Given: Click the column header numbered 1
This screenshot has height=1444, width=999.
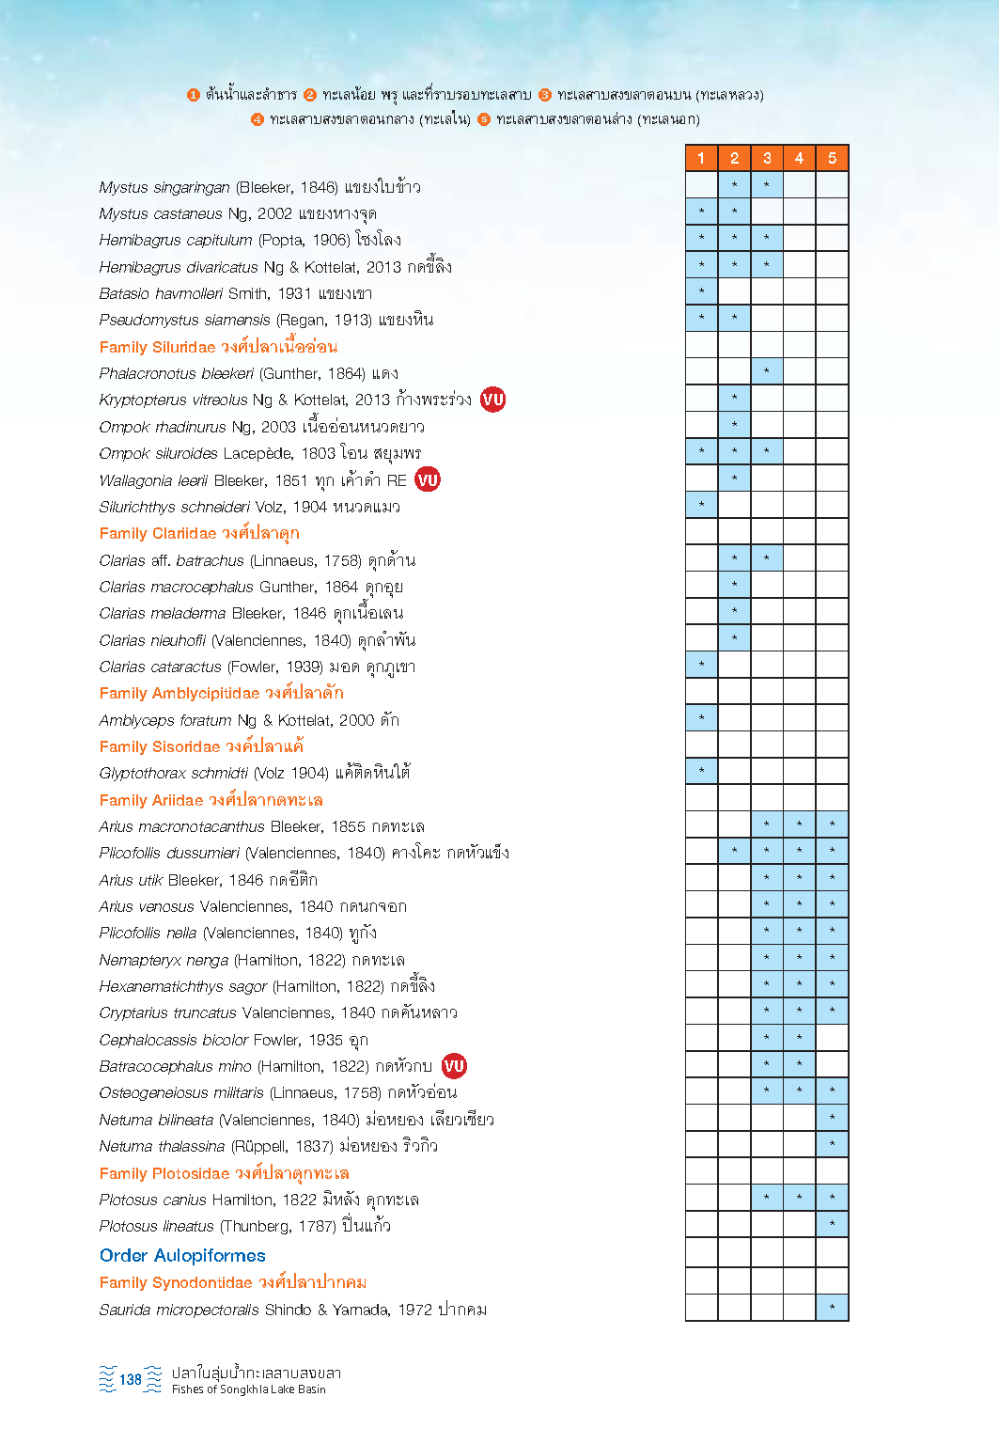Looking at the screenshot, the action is point(701,158).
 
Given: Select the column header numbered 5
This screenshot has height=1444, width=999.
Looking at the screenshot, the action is point(832,158).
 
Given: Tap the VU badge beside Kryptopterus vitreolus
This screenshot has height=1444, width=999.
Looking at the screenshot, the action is point(493,400).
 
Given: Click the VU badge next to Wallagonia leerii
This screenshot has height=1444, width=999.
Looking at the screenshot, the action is point(428,479).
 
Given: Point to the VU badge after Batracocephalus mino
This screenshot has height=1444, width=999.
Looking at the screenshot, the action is point(454,1065).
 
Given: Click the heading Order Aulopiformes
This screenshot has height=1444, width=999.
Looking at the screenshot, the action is point(182,1255).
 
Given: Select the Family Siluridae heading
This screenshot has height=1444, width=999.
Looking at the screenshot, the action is point(218,347).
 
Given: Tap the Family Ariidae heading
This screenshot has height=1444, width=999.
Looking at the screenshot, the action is point(211,800).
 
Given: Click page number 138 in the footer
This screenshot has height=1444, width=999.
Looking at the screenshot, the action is point(131,1379).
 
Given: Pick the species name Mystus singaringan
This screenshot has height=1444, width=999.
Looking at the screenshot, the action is point(164,188).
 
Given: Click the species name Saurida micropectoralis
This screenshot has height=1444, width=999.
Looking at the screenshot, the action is point(180,1310).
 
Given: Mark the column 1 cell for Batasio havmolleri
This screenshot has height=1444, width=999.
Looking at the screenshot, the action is point(701,291).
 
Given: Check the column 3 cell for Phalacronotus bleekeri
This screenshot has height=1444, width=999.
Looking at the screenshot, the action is point(767,371).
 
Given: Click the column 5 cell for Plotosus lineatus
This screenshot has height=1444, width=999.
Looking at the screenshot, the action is point(832,1223).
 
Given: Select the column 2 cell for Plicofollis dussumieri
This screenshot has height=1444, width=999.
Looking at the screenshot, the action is point(734,851).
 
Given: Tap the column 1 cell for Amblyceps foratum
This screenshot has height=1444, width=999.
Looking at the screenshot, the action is point(701,717).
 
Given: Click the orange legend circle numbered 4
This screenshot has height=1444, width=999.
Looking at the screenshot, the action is point(258,119).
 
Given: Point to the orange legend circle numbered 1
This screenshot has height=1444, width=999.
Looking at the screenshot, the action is point(194,95).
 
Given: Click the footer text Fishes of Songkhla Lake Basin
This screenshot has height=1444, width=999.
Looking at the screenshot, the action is point(249,1389).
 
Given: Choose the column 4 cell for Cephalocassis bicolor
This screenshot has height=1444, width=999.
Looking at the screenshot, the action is point(799,1037).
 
